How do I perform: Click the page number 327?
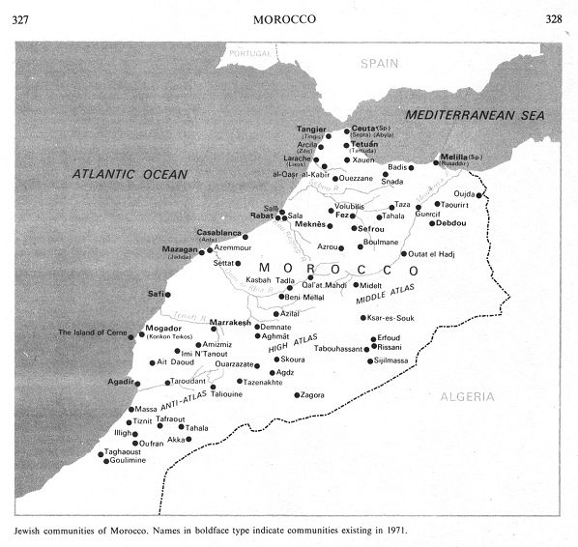click(26, 18)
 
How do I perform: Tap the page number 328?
click(555, 18)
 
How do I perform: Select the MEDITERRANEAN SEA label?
click(475, 115)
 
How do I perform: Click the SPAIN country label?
click(380, 63)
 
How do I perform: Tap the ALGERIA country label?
click(468, 397)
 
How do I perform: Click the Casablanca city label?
click(218, 233)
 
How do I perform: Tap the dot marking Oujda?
click(479, 195)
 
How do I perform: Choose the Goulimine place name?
click(126, 461)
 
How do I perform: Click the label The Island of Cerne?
click(93, 333)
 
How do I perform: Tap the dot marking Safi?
click(167, 294)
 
